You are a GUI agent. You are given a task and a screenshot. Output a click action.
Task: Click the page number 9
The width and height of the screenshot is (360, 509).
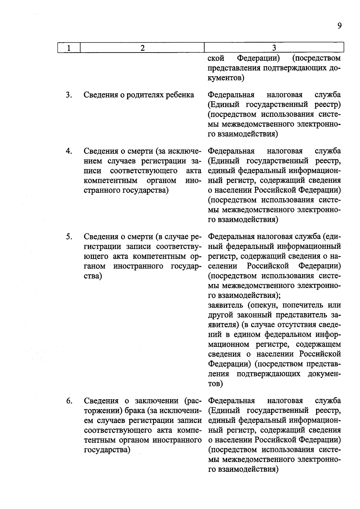click(339, 26)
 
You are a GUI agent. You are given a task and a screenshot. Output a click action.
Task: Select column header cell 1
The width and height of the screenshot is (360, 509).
click(69, 48)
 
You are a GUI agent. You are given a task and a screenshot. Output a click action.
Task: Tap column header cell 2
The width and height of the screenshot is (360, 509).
click(142, 48)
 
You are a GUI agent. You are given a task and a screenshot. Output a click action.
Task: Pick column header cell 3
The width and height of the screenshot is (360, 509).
click(274, 48)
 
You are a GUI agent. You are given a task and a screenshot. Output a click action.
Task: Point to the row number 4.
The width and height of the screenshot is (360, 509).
click(69, 151)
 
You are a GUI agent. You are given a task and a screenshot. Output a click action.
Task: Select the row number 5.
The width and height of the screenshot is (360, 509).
click(69, 237)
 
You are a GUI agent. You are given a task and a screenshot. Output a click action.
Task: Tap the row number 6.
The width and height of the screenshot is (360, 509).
click(69, 401)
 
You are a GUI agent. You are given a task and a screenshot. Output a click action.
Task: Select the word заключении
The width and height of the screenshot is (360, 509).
click(155, 401)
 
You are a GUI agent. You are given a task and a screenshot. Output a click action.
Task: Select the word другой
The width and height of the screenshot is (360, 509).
click(221, 315)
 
